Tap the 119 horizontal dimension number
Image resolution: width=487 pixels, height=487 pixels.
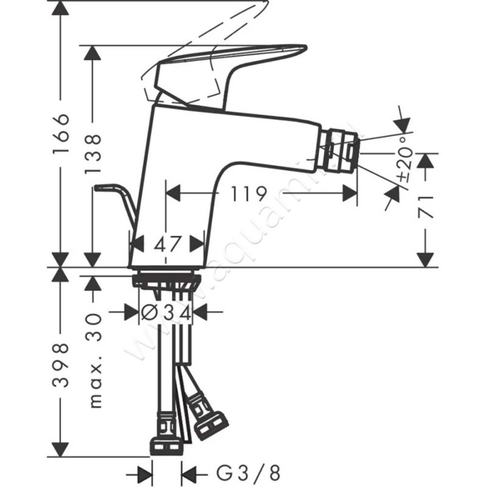[x=250, y=194]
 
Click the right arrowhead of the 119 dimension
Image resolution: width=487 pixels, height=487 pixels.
[x=350, y=194]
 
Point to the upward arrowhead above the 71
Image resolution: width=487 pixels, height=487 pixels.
[x=427, y=159]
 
